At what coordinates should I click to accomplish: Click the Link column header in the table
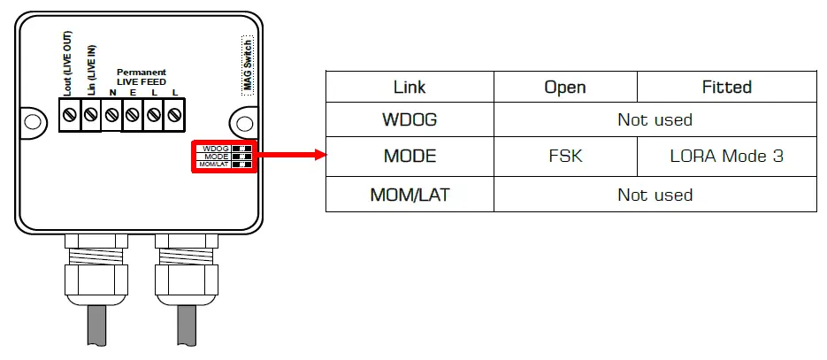coord(410,87)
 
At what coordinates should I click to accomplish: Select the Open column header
coord(565,87)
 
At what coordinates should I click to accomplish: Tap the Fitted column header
coord(726,87)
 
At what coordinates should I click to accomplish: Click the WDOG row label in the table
coord(410,119)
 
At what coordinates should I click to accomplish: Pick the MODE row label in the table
coord(410,156)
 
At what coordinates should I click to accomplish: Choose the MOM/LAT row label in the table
coord(410,195)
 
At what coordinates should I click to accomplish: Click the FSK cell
coord(565,156)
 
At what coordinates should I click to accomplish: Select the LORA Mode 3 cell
coord(726,156)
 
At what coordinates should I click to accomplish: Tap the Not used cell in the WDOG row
coord(655,119)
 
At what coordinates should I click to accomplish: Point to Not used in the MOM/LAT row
coord(655,195)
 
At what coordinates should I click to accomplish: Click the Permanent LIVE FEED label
coord(142,77)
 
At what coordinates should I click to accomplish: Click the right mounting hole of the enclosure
coord(241,120)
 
